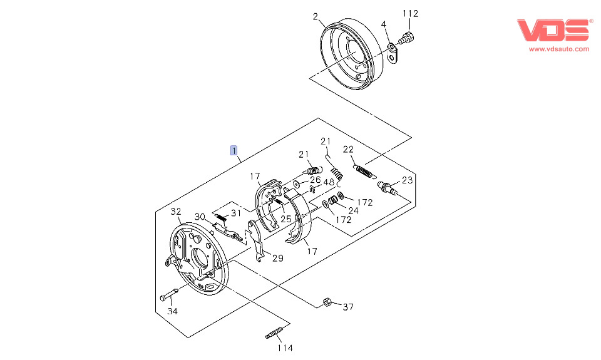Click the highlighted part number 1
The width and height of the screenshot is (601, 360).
coord(234,150)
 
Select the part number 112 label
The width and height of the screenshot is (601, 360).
coord(410,13)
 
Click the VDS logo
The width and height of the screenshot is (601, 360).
coord(554,30)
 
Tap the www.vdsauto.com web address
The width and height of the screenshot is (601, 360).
coord(559,49)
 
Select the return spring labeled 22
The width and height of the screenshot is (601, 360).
coord(363,170)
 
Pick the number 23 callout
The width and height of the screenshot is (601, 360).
coord(408,180)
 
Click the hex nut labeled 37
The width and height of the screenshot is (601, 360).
coord(327,303)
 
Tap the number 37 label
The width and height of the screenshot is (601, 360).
coord(349,307)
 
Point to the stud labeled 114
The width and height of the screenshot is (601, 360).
coord(276,332)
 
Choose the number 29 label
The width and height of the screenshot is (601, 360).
coord(277,258)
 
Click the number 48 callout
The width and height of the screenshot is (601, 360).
coord(329,182)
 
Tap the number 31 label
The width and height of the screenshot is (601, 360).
coord(235,213)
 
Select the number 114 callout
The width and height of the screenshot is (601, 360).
coord(285,348)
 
